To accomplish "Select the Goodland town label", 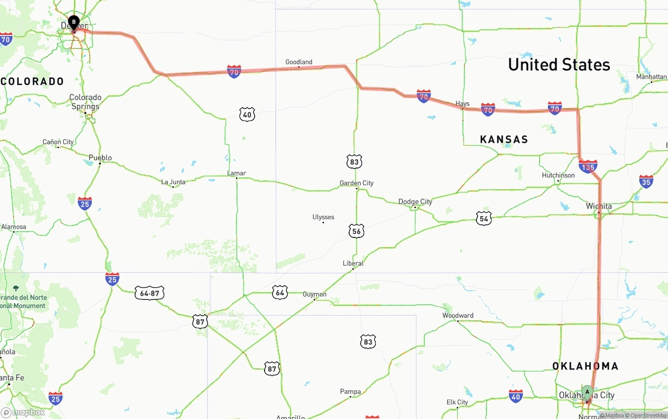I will (x=299, y=62).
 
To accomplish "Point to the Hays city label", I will (x=462, y=104).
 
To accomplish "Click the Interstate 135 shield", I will (x=588, y=167).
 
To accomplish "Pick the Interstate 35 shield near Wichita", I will (x=646, y=181).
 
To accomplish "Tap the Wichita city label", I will (x=599, y=206).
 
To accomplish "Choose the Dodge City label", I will (x=415, y=201).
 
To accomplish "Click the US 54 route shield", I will (x=484, y=219).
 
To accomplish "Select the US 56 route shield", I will (x=356, y=231).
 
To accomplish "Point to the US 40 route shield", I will (x=247, y=114).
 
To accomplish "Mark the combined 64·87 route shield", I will (x=150, y=293).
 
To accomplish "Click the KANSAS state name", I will (x=504, y=139).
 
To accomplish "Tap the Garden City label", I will (x=356, y=183).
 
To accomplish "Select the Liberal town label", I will (x=353, y=264).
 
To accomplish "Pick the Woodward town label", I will (x=458, y=315).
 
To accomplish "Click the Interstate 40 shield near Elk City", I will (x=516, y=396).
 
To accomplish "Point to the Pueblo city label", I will (x=100, y=158).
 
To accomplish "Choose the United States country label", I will (x=559, y=65).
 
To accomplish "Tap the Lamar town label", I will (x=236, y=173).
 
